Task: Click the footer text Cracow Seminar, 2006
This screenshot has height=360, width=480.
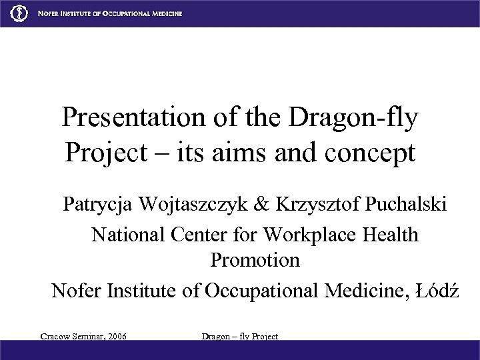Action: click(x=83, y=336)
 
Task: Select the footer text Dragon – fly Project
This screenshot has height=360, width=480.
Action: click(x=239, y=336)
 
